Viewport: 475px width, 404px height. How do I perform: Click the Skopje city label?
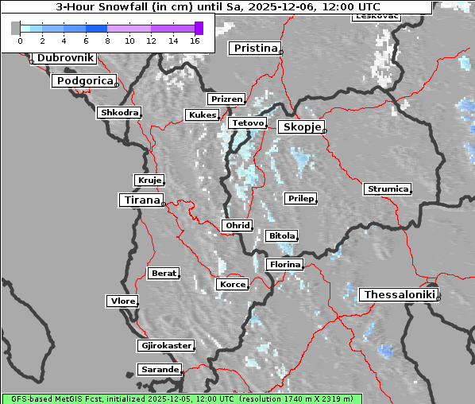[300, 127]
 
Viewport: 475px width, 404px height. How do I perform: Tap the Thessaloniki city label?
[400, 294]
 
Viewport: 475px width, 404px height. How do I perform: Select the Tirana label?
[141, 200]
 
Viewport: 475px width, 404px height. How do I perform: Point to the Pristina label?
[255, 49]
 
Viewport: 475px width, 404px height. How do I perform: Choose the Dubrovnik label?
[64, 58]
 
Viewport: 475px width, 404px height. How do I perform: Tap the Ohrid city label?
[237, 226]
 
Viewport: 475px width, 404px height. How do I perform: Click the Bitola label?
[281, 235]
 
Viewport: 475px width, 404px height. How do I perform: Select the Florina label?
[284, 264]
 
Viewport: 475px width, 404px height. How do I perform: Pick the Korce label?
[232, 284]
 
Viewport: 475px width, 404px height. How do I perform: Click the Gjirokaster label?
[165, 346]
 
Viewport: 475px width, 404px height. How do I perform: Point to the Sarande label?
[159, 370]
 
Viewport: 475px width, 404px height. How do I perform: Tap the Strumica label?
[387, 188]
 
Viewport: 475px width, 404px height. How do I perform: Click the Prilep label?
[300, 198]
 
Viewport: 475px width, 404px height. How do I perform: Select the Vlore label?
[122, 301]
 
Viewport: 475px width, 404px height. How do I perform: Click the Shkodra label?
[119, 113]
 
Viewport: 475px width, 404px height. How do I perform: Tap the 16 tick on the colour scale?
[195, 40]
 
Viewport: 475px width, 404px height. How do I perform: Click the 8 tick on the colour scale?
[107, 40]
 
